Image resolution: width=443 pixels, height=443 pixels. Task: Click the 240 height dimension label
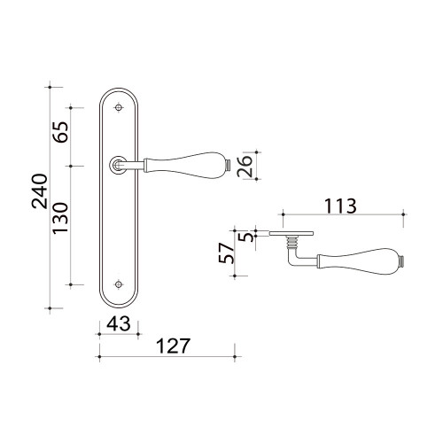[40, 191]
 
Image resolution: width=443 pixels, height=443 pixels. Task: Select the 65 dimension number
[60, 132]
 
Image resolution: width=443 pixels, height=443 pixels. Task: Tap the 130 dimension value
[60, 218]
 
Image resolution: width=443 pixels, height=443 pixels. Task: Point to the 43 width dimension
[119, 323]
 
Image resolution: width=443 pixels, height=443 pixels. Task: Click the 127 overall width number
[173, 346]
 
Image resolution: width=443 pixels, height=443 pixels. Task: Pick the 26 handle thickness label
[245, 166]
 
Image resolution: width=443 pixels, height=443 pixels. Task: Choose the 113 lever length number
[340, 206]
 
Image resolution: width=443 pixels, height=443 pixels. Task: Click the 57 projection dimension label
[226, 253]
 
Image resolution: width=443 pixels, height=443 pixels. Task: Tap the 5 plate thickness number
[248, 237]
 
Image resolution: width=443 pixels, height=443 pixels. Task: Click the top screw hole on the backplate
[119, 108]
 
